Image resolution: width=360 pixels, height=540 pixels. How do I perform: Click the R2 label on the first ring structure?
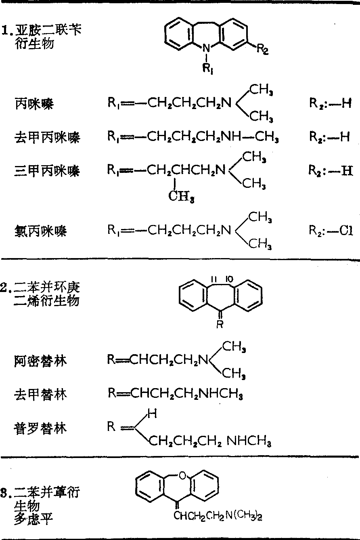click(263, 49)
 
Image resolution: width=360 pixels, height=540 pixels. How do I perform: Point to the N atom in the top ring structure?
click(206, 48)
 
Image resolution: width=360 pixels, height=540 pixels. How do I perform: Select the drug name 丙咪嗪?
click(34, 104)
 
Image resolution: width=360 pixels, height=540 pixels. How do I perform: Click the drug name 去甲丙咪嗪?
click(47, 137)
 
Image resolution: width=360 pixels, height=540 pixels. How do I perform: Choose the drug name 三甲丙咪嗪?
click(47, 171)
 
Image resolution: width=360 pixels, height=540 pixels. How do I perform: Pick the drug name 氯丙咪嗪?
click(40, 231)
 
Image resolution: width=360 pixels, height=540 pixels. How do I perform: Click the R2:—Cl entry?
click(331, 231)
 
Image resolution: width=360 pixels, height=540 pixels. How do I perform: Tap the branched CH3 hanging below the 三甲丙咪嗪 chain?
click(181, 196)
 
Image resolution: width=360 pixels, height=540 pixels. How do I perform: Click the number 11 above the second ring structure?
click(214, 279)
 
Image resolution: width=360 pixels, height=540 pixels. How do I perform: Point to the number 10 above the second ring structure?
click(229, 279)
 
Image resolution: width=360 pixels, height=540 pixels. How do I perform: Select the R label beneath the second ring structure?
click(220, 324)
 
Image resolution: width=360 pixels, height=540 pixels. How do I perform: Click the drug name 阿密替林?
click(40, 361)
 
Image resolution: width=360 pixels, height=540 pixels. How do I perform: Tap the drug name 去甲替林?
click(40, 394)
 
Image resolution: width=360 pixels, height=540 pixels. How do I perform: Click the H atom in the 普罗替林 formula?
click(152, 414)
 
